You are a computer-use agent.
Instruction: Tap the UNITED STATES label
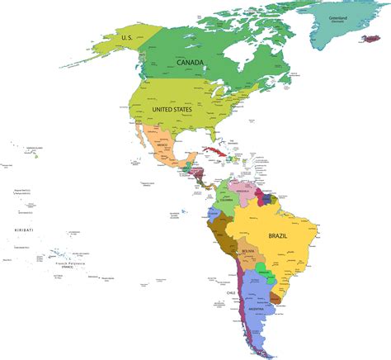tap(171, 109)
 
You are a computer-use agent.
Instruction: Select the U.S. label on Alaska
tap(127, 37)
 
